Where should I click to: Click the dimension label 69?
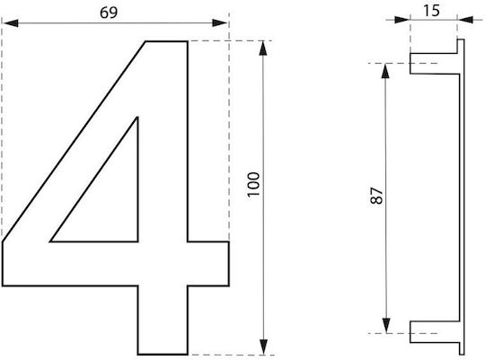tap(109, 13)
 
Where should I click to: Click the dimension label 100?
tap(253, 184)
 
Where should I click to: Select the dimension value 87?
tap(376, 196)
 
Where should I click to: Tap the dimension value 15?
tap(431, 11)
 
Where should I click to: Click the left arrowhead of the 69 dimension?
tap(11, 22)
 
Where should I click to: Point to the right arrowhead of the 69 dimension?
tap(220, 22)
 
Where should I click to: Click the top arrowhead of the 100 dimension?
tap(263, 48)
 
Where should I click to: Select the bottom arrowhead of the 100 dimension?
tap(263, 347)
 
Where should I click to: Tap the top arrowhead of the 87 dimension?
tap(385, 71)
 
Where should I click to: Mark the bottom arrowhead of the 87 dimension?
tap(385, 326)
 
